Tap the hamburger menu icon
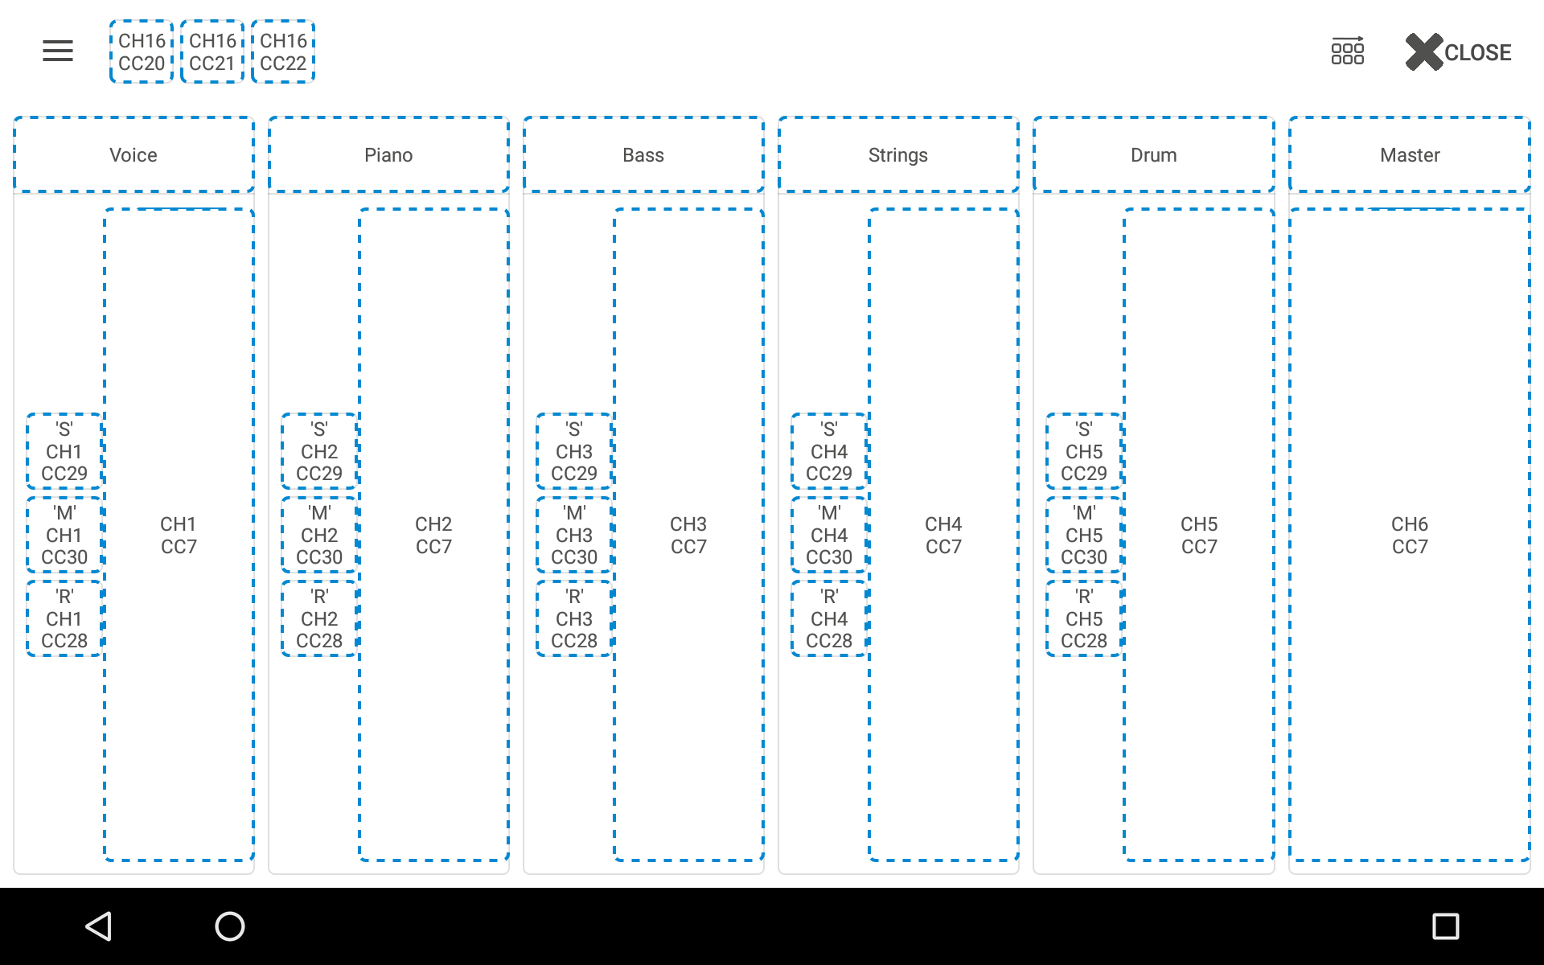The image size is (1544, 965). pos(58,51)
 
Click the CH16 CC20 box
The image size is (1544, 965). pos(142,51)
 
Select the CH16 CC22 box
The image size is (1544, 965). pos(283,51)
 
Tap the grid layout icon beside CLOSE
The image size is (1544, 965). pos(1348,51)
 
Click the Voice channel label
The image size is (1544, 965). pos(133,155)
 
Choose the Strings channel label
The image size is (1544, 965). pos(898,155)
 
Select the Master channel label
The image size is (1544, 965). pos(1410,155)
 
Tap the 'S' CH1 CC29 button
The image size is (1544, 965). pos(64,452)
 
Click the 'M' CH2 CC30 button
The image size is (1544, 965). pos(319,536)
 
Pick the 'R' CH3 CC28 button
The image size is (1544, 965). pos(574,619)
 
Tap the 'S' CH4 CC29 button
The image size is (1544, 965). pos(829,452)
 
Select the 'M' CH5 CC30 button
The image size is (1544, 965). pos(1084,536)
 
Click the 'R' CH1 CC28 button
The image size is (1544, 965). pos(64,619)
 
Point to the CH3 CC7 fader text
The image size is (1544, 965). pos(688,536)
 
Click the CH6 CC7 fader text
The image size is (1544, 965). pos(1410,536)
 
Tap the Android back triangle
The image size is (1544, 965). pos(99,926)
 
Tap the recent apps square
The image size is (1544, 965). pos(1446,926)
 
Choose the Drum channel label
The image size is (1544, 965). pos(1154,155)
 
